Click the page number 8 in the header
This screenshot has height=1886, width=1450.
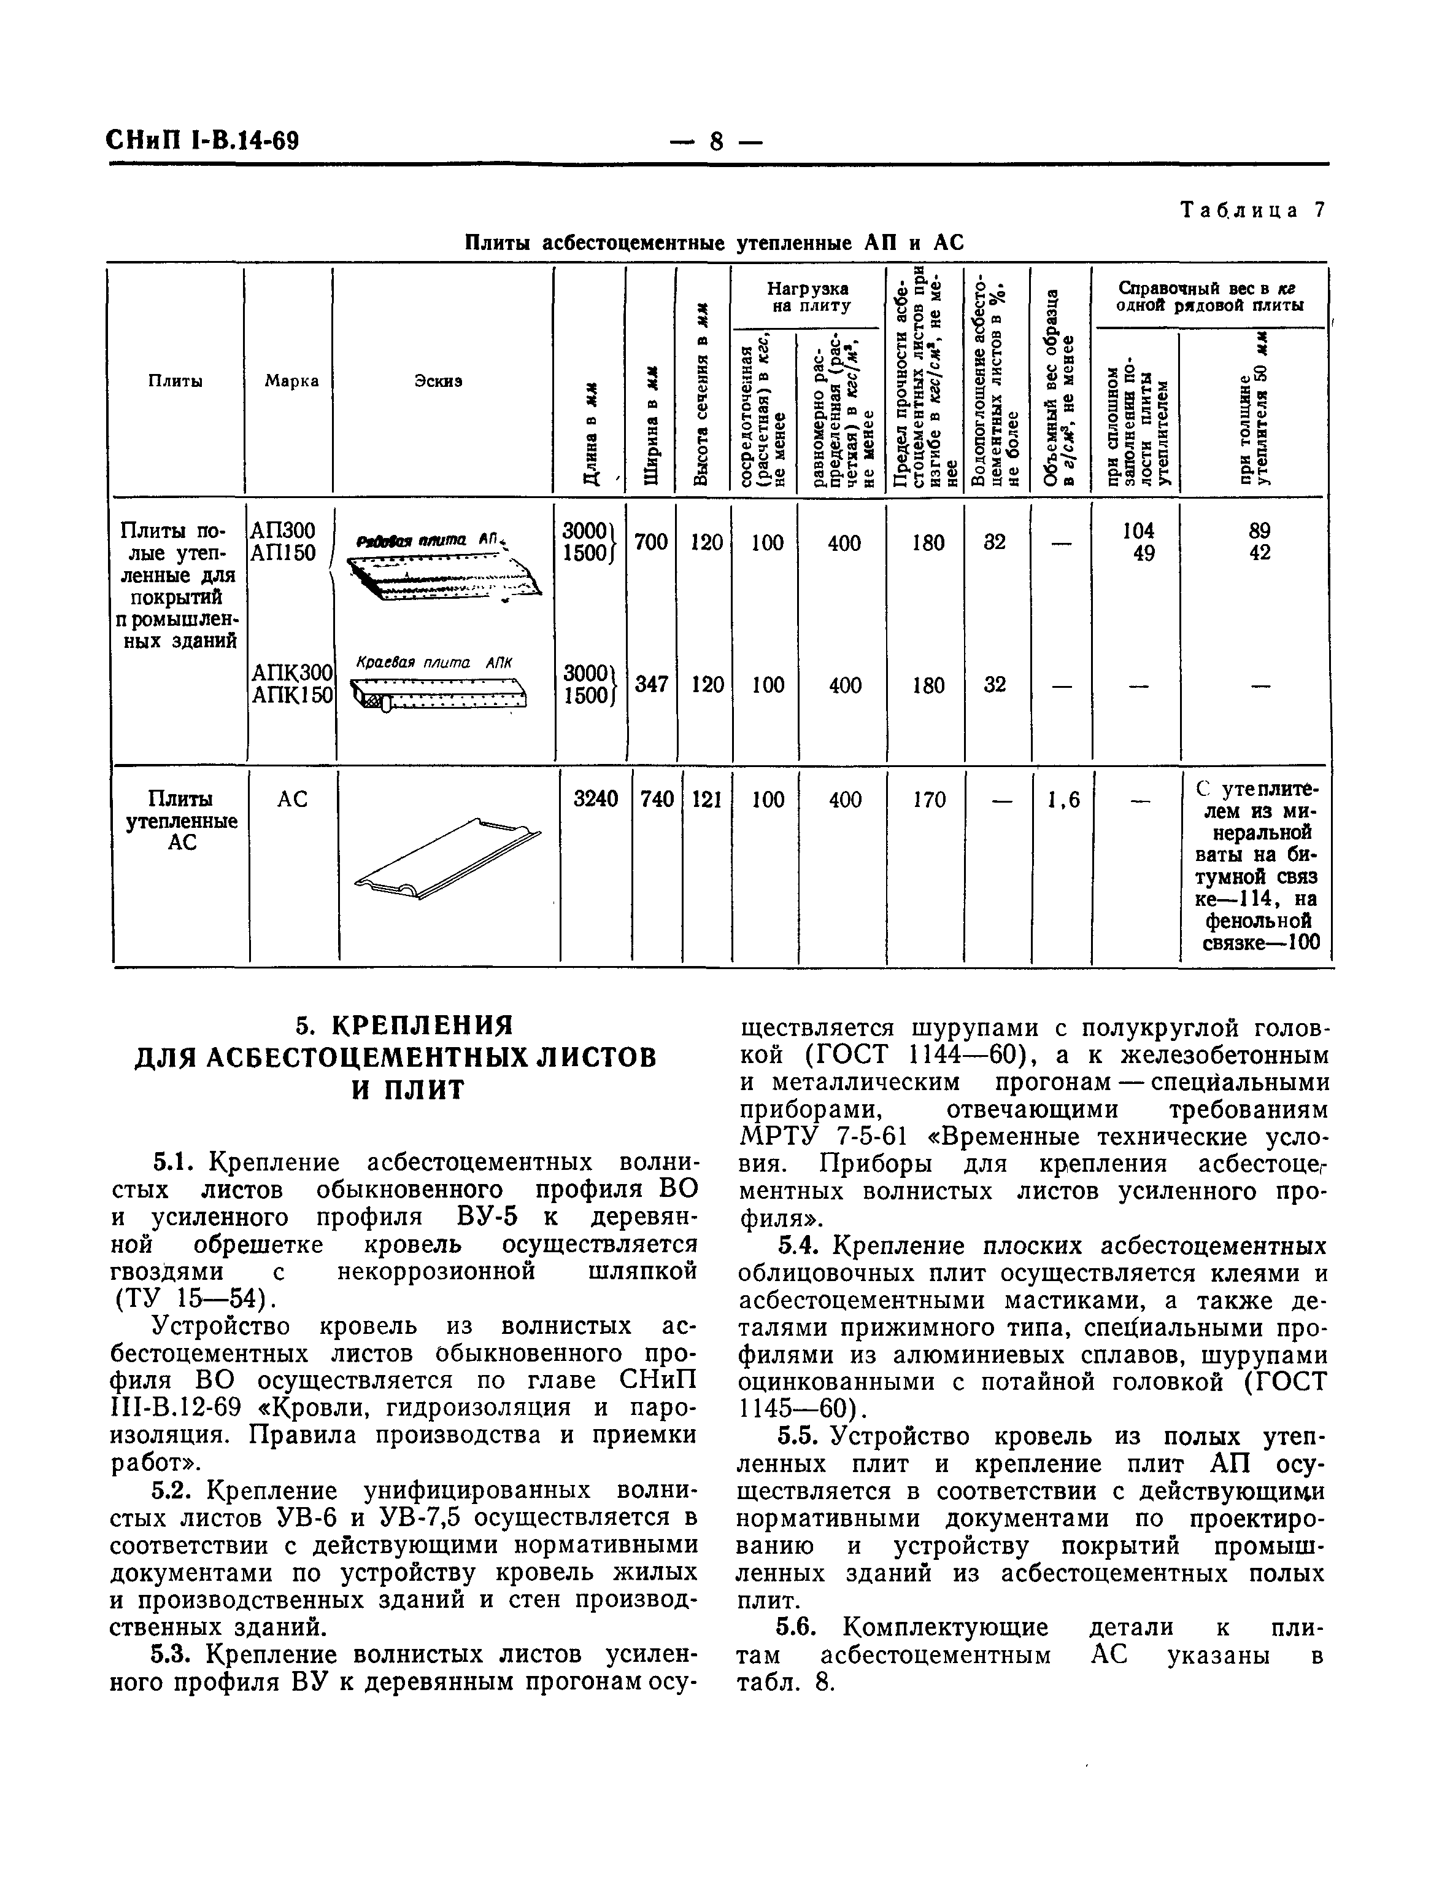click(x=715, y=141)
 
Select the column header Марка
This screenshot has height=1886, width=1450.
click(x=291, y=381)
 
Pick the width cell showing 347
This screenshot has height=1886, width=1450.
click(x=652, y=685)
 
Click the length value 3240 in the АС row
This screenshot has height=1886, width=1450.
click(x=596, y=800)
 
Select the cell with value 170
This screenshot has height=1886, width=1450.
click(x=928, y=800)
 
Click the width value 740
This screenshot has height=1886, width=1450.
click(x=657, y=800)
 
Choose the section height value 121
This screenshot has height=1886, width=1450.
click(x=707, y=800)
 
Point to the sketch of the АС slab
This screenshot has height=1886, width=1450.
click(x=447, y=859)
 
